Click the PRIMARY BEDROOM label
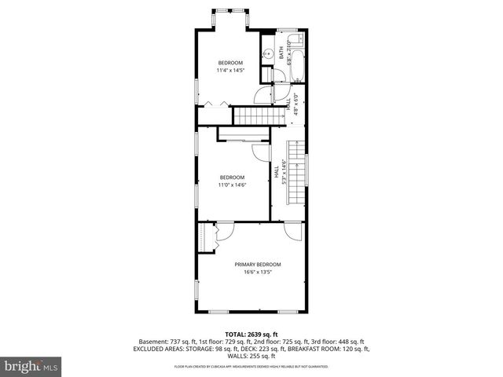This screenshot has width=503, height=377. pyautogui.click(x=257, y=264)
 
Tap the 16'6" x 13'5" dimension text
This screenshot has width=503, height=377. pyautogui.click(x=257, y=273)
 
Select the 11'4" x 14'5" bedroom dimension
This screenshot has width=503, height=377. pyautogui.click(x=230, y=71)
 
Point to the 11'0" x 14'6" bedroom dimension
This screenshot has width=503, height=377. pyautogui.click(x=232, y=185)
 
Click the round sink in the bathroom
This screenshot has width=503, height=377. pyautogui.click(x=268, y=54)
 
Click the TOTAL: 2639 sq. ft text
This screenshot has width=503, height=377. pyautogui.click(x=251, y=334)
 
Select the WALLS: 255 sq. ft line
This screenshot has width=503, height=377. pyautogui.click(x=251, y=355)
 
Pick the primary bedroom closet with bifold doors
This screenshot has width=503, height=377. pyautogui.click(x=207, y=237)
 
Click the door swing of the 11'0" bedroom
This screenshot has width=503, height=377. pyautogui.click(x=259, y=153)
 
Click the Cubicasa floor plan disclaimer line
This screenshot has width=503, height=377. pyautogui.click(x=251, y=366)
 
